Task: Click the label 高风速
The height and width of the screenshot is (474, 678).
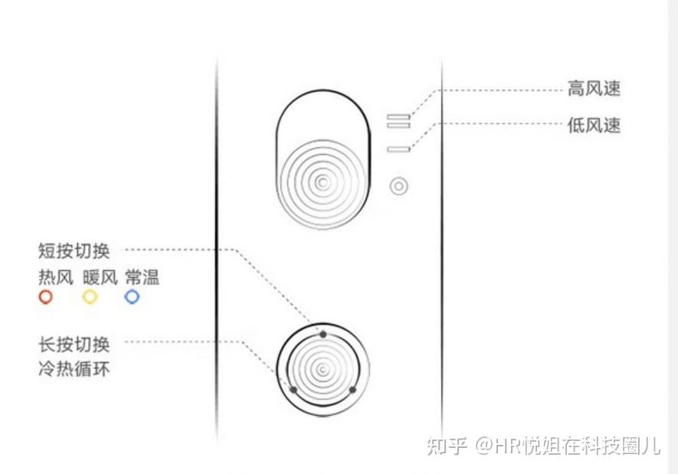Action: [x=594, y=90]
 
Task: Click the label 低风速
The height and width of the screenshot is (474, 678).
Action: [x=594, y=126]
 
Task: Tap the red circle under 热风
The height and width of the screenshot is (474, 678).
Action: [x=46, y=296]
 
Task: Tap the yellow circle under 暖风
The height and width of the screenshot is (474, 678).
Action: [x=90, y=296]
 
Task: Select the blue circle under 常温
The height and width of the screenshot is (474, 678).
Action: [x=133, y=296]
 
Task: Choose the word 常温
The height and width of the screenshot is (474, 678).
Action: [x=142, y=276]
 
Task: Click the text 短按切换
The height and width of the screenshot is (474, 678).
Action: [x=74, y=250]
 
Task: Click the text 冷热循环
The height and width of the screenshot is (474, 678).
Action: [x=74, y=368]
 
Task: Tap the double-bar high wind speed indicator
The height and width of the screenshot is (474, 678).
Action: [x=398, y=120]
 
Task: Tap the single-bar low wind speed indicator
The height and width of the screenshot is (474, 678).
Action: [x=398, y=149]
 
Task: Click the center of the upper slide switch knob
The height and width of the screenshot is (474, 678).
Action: [x=323, y=182]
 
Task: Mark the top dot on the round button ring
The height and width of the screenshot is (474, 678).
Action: [x=323, y=334]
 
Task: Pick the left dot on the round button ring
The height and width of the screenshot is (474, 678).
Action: [x=293, y=389]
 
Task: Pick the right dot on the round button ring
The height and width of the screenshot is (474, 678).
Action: [x=352, y=389]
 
